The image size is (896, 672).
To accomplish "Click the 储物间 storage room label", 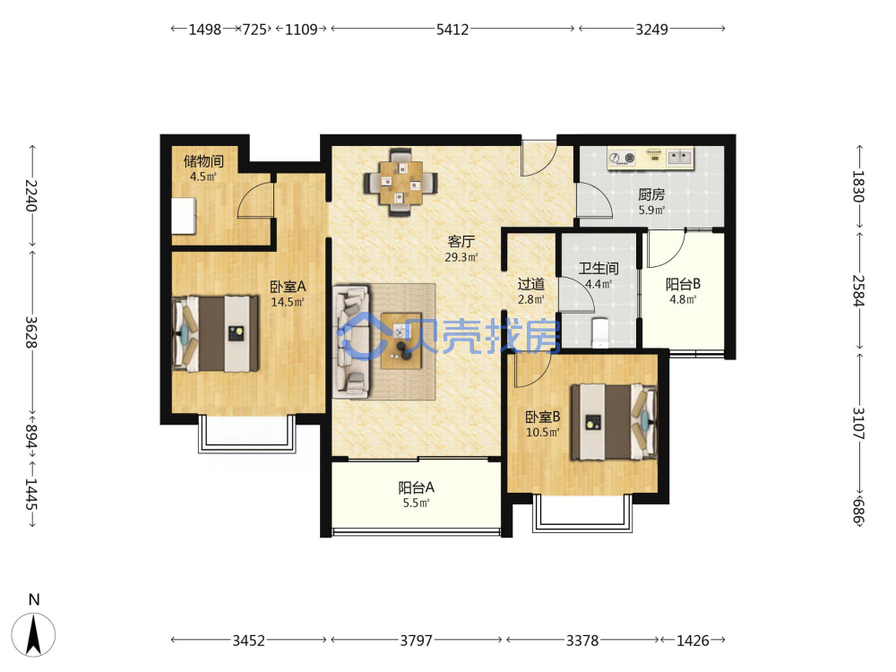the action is point(203,161).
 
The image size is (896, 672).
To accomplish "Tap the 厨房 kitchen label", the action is point(651,194).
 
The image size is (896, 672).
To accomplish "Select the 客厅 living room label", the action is point(461,241).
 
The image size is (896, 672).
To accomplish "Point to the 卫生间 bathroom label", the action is point(599,268).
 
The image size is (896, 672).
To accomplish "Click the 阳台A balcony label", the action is point(416,487).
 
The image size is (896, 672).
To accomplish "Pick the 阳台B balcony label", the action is point(683,284).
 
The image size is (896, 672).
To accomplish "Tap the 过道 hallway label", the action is point(530,284).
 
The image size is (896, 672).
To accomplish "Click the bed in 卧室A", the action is point(215,333).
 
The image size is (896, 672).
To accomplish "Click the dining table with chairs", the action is point(401,182).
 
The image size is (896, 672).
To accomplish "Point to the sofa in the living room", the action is point(352,341).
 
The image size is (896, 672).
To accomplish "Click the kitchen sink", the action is point(679,157).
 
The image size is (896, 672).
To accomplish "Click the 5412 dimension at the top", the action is point(452,30).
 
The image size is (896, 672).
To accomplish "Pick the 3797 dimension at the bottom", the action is point(416,641).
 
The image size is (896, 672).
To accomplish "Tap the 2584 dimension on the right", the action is point(859,291).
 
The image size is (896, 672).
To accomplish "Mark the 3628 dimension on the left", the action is point(31,332).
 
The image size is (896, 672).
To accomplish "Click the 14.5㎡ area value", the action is point(288,302).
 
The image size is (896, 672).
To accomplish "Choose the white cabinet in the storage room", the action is point(184,216).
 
